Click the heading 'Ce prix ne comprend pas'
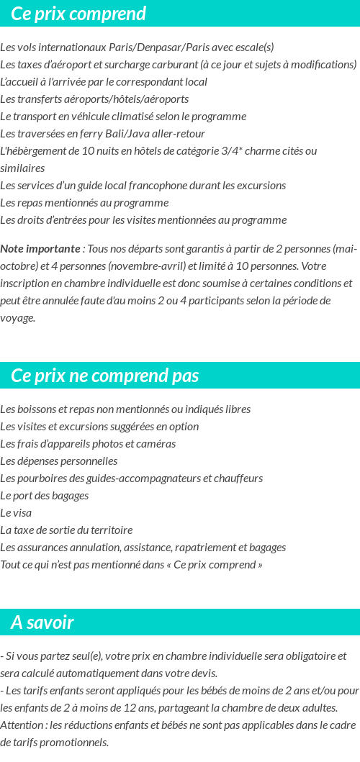click(x=105, y=376)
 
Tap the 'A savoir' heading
click(x=42, y=622)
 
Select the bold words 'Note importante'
click(x=40, y=249)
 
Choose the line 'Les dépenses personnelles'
click(x=59, y=461)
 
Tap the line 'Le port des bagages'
click(x=45, y=496)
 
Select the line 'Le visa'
click(x=16, y=513)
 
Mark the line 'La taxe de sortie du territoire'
click(x=66, y=530)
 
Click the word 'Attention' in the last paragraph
click(x=22, y=725)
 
